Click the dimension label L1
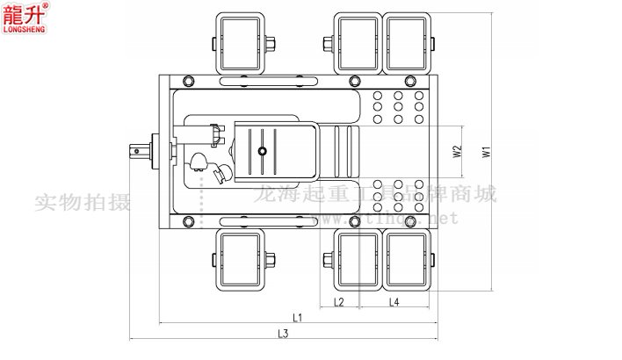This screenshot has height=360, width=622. coord(297,317)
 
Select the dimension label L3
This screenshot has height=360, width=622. coord(283,334)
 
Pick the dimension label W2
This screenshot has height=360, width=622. coord(457,151)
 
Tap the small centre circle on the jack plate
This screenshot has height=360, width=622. coord(262,151)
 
